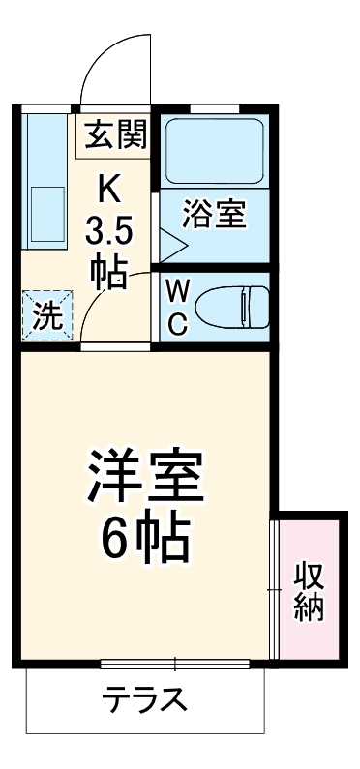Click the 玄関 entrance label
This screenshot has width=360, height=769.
pyautogui.click(x=114, y=135)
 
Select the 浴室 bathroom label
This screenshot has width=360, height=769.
pyautogui.click(x=214, y=213)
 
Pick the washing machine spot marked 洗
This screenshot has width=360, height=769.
pyautogui.click(x=45, y=314)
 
